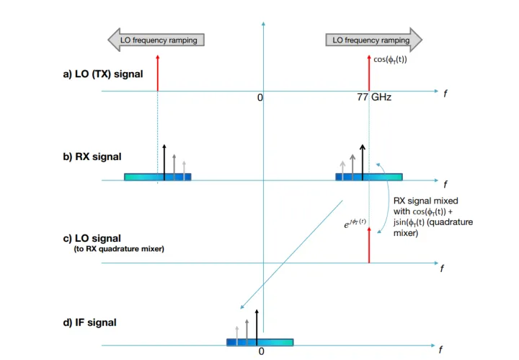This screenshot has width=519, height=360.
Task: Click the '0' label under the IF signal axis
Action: pos(262,351)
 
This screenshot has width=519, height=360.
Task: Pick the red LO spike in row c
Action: pos(369,248)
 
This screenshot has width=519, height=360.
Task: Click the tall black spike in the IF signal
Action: pos(257,325)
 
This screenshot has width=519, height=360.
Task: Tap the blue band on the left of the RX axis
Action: pos(157,176)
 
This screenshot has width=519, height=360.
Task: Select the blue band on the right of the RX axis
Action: pos(368,176)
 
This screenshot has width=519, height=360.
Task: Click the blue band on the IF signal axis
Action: pos(259,341)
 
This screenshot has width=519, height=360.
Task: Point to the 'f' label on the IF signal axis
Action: pos(440,351)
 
